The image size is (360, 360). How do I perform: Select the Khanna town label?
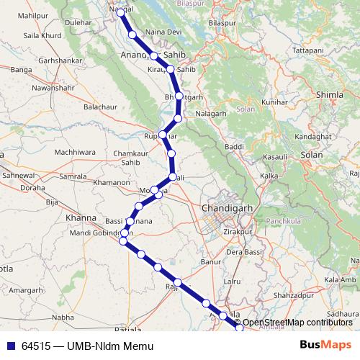tap(80, 217)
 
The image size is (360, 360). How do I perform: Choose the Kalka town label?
tap(269, 176)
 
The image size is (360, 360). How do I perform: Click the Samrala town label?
tap(73, 176)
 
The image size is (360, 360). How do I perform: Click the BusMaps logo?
tap(325, 346)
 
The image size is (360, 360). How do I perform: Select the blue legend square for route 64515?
tap(10, 346)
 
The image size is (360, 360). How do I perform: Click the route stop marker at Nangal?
tap(121, 12)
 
